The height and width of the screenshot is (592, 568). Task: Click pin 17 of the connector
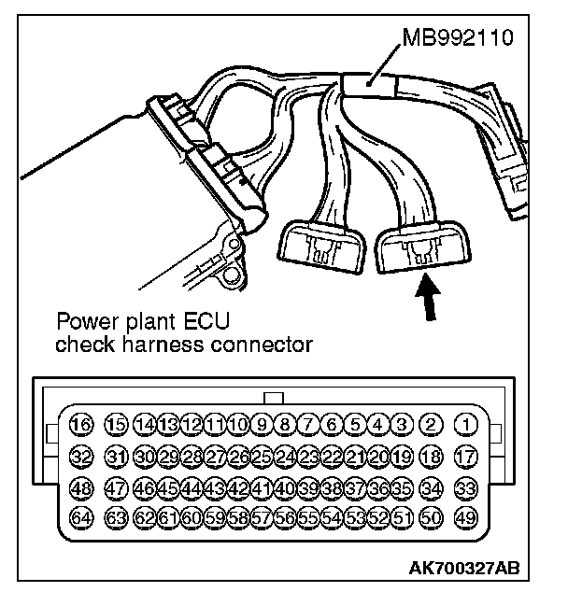tap(464, 457)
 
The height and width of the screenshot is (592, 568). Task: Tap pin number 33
tap(464, 487)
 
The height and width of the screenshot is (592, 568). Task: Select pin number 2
tap(432, 426)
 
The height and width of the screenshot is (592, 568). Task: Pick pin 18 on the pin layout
tap(432, 457)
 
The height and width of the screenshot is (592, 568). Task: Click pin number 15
tap(115, 426)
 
